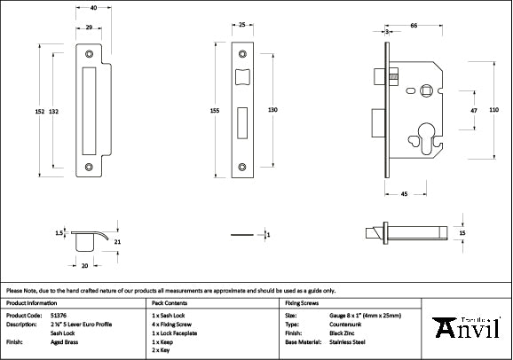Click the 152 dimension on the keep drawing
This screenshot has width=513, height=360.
pos(39,111)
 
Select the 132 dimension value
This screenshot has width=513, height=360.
pos(54,111)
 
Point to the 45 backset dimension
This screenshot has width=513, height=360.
pos(404,192)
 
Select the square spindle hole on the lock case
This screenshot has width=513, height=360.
pos(427,90)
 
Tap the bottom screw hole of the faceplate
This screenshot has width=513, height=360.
pos(242,164)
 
